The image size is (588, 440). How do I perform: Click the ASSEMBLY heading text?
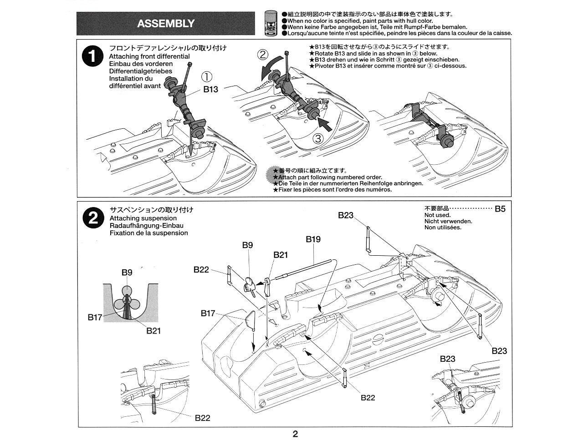(166, 24)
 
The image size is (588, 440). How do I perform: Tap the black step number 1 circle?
(92, 56)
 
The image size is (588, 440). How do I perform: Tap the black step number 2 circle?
(92, 218)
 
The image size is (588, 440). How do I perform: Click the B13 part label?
(210, 90)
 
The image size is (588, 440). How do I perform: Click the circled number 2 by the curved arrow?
(263, 55)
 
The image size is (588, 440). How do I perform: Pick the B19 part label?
(313, 239)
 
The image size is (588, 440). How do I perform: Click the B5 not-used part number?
(500, 209)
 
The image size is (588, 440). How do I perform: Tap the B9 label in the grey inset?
(127, 272)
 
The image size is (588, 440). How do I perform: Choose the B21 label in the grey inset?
(153, 331)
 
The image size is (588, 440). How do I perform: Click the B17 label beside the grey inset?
(95, 317)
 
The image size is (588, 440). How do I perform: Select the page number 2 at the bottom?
(295, 434)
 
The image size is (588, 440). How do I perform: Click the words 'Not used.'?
(437, 215)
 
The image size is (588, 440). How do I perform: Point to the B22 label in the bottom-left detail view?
(202, 418)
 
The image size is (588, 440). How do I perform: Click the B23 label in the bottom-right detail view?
(447, 359)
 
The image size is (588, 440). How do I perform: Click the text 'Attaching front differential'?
(149, 56)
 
